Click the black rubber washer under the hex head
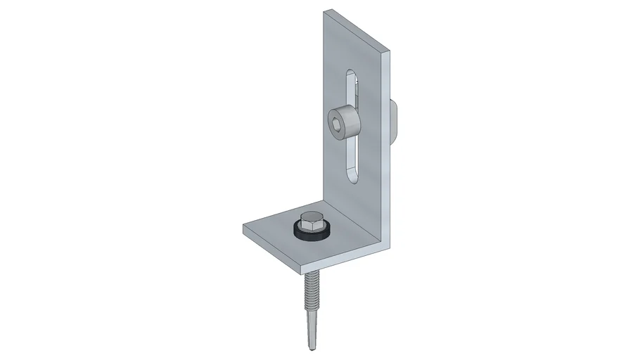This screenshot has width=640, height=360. (310, 233)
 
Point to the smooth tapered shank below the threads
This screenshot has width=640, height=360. (309, 327)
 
